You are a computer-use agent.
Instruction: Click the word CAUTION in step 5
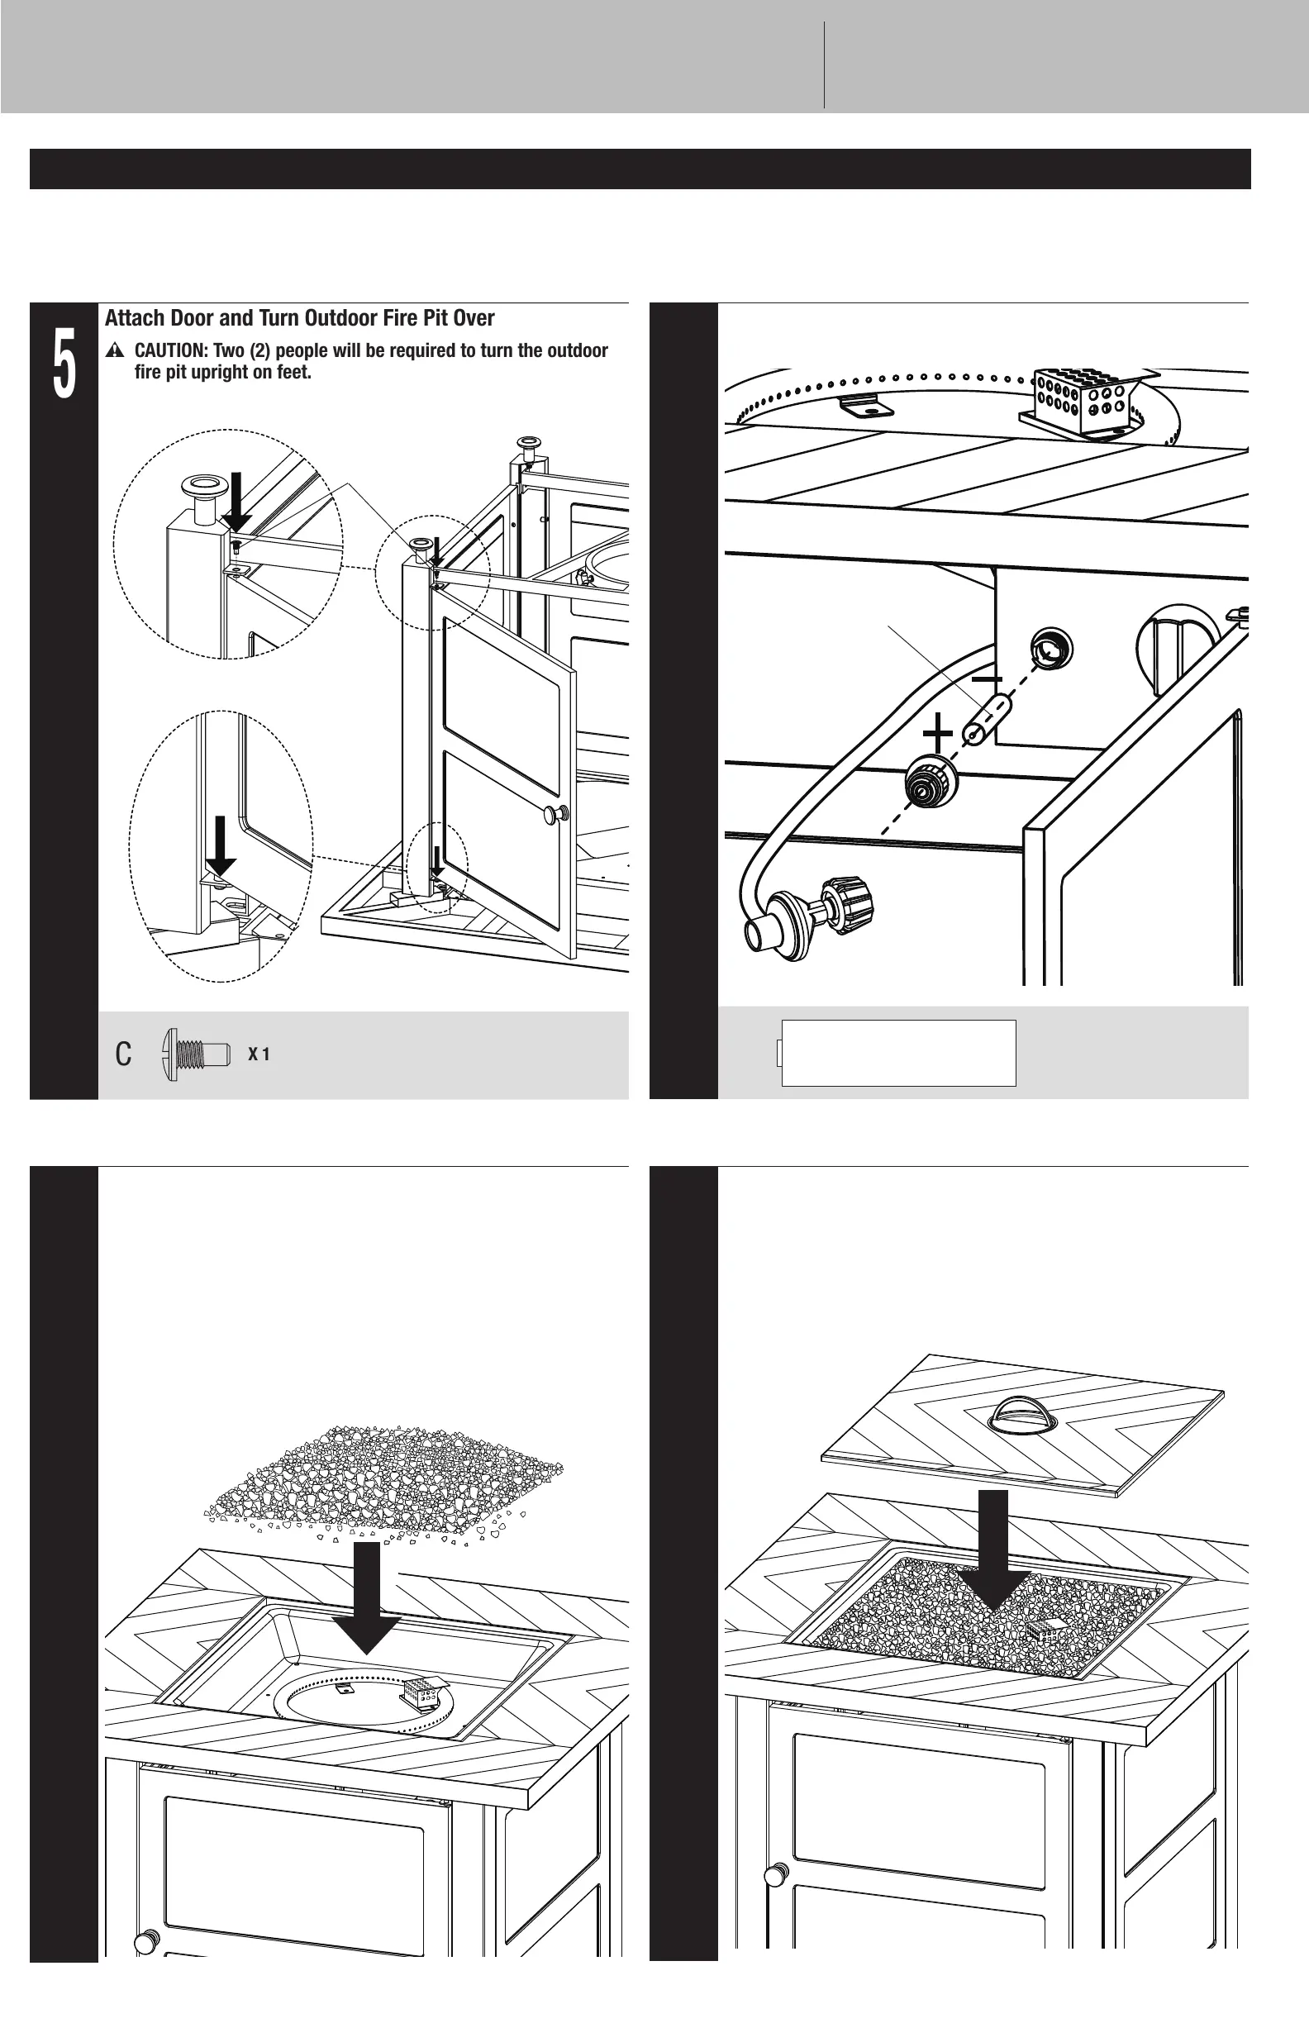[170, 351]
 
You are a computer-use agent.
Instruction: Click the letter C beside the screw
[123, 1054]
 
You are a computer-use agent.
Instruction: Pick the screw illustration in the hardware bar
[196, 1054]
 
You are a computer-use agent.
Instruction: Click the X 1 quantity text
[259, 1054]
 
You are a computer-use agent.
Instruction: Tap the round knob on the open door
[556, 813]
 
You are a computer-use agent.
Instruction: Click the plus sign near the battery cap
[938, 734]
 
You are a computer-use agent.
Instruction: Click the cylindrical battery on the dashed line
[985, 718]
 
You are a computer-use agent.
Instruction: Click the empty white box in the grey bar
[898, 1053]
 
